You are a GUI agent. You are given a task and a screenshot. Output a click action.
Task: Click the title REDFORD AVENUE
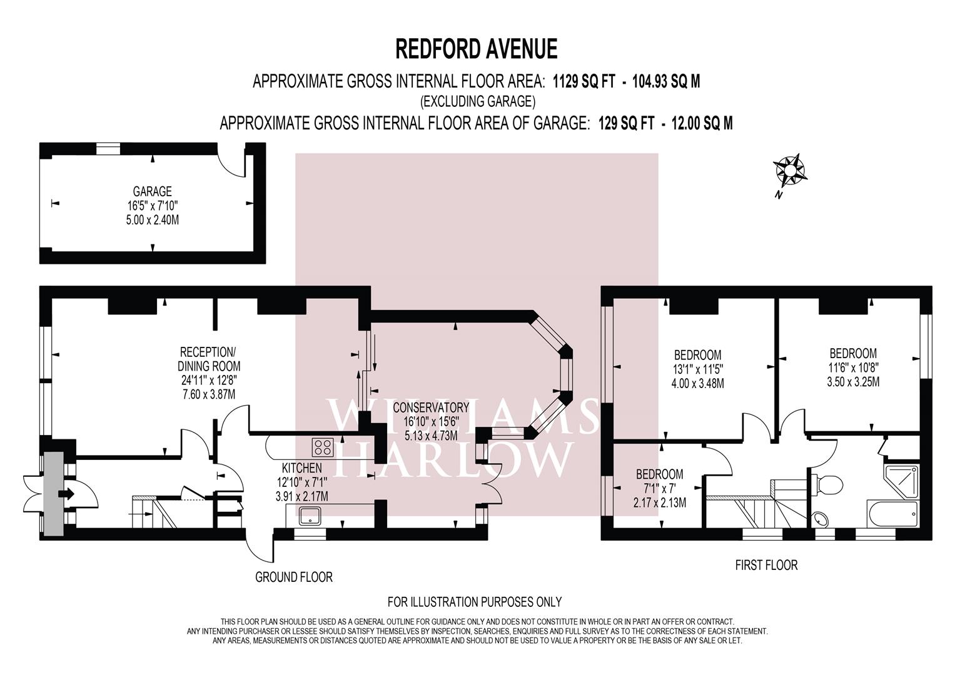click(x=476, y=48)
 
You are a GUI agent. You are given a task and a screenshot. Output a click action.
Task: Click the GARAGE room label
click(x=152, y=191)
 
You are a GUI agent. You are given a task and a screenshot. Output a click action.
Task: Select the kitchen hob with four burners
click(x=323, y=447)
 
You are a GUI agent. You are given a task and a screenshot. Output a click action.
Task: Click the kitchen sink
click(x=311, y=516)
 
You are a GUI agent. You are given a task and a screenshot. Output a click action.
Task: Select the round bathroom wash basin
click(x=821, y=518)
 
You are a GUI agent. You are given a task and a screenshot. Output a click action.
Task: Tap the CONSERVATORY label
click(x=430, y=407)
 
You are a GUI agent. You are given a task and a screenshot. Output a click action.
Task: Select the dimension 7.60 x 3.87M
click(x=209, y=394)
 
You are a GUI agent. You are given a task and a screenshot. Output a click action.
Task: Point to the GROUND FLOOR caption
click(x=293, y=577)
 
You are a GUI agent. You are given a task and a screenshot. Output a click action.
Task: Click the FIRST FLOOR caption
click(x=766, y=565)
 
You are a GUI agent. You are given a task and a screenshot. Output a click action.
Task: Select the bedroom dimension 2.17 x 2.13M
click(x=659, y=502)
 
